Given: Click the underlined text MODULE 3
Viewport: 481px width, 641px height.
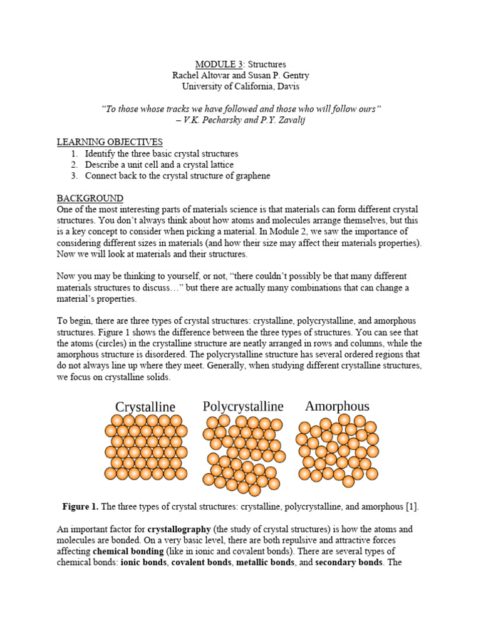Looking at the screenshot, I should coord(217,64).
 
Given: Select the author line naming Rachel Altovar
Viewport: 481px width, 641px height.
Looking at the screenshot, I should coord(240,75).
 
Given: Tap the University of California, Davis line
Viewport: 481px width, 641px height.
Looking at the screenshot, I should coord(240,86).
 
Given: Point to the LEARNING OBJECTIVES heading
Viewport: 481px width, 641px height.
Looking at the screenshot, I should coord(110,142).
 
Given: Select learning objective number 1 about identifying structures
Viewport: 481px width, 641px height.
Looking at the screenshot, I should coord(162,153).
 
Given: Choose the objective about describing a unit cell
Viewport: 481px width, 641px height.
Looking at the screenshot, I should coord(159,165).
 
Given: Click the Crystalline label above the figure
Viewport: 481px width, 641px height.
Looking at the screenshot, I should coord(145,408).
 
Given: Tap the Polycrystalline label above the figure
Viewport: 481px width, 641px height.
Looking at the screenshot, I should coord(243,407).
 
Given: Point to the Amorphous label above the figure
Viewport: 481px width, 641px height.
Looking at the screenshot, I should coord(337,406).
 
